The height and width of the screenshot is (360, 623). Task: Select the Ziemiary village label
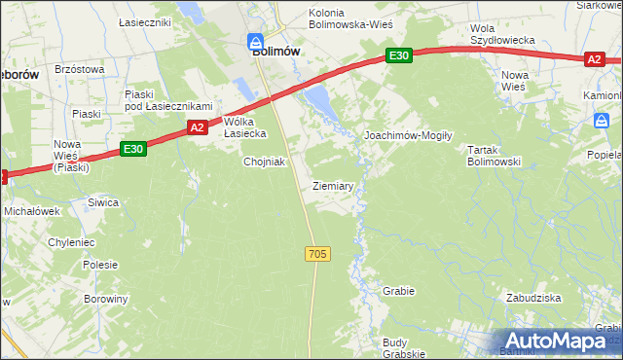click(x=333, y=185)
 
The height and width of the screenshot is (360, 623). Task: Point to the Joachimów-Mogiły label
click(x=408, y=135)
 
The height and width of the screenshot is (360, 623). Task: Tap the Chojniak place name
click(x=264, y=162)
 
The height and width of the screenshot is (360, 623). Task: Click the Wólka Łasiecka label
click(x=238, y=127)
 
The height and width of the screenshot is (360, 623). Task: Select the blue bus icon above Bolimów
click(x=255, y=41)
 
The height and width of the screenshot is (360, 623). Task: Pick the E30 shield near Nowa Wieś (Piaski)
click(x=134, y=149)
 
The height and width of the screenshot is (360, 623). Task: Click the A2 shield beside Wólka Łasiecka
click(x=197, y=127)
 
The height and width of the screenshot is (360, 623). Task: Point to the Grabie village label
click(x=399, y=291)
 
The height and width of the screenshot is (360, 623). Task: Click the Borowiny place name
click(x=105, y=299)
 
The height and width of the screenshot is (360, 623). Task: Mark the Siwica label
click(x=102, y=202)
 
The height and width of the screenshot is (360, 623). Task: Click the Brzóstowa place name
click(x=80, y=69)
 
